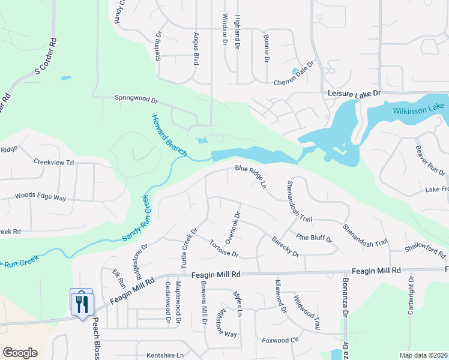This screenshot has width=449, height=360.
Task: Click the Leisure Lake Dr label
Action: coord(354,94)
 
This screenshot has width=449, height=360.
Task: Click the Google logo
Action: coord(20,353)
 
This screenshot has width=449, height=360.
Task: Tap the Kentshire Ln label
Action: coord(164,355)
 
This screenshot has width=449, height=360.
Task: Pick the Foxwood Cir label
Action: coord(280,340)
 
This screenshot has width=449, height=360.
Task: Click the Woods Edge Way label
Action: coord(40,196)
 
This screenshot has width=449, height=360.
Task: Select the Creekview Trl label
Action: coord(53,162)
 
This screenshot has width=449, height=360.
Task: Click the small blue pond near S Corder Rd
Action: coord(65,77)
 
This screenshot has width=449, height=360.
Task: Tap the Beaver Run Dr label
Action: coord(430,160)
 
